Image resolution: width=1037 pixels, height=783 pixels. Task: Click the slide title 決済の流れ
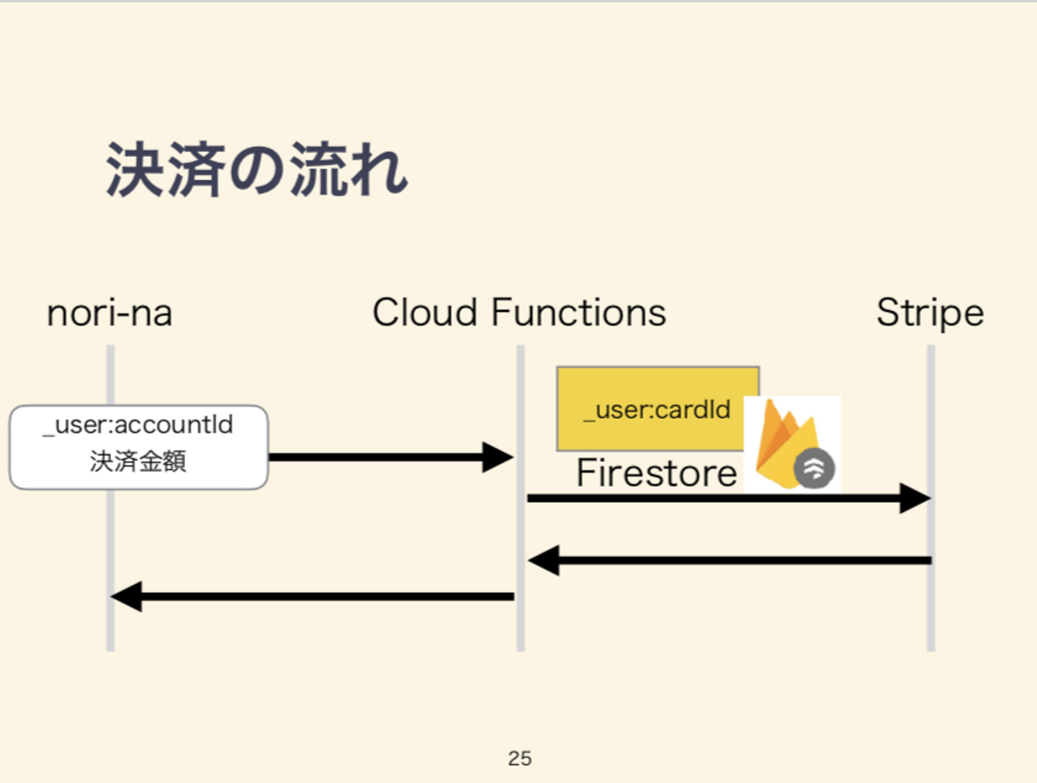[x=256, y=170]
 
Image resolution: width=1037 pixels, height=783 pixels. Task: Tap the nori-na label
[x=109, y=313]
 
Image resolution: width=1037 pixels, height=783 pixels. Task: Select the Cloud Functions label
[x=518, y=313]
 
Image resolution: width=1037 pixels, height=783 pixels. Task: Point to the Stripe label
[x=930, y=313]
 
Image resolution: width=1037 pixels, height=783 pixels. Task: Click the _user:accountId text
[x=138, y=425]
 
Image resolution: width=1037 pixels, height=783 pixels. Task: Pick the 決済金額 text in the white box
[x=138, y=461]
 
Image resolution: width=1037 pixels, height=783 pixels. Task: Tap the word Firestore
[x=656, y=473]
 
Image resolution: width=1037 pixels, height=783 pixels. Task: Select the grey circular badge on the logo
[x=814, y=468]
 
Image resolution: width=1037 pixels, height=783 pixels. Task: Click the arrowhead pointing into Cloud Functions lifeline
[x=498, y=457]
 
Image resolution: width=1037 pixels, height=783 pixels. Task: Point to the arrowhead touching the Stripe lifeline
[x=915, y=498]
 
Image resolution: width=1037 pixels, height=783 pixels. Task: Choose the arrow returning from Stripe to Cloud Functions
[x=727, y=560]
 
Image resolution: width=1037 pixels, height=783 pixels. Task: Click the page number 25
[x=519, y=759]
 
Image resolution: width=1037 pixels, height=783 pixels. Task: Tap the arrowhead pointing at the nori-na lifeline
[x=127, y=596]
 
